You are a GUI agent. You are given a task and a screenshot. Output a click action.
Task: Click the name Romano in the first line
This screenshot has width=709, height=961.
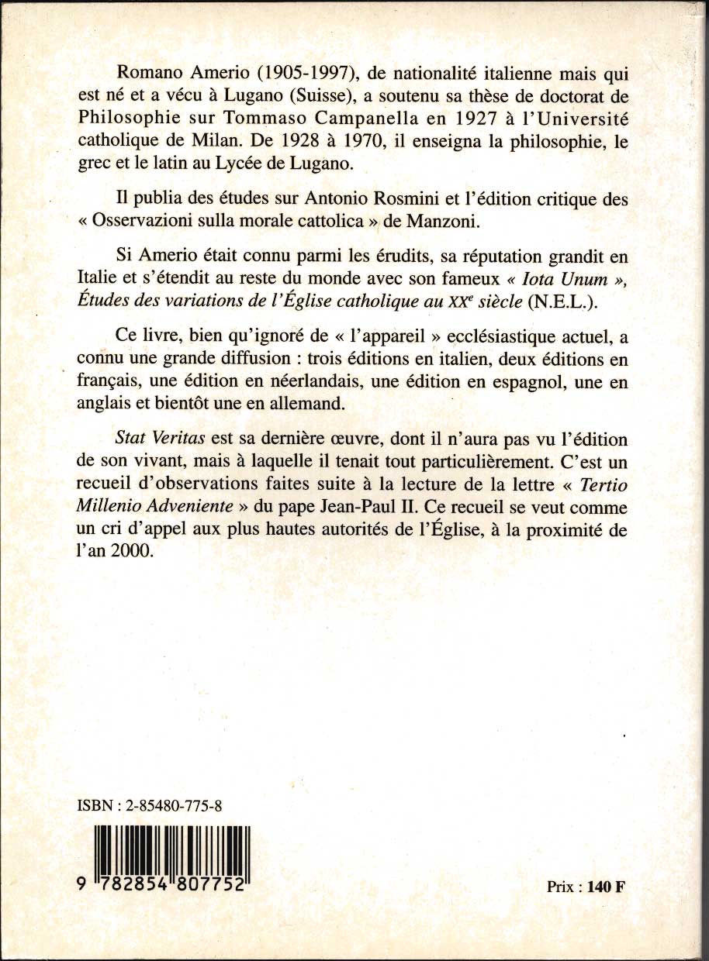coord(144,74)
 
